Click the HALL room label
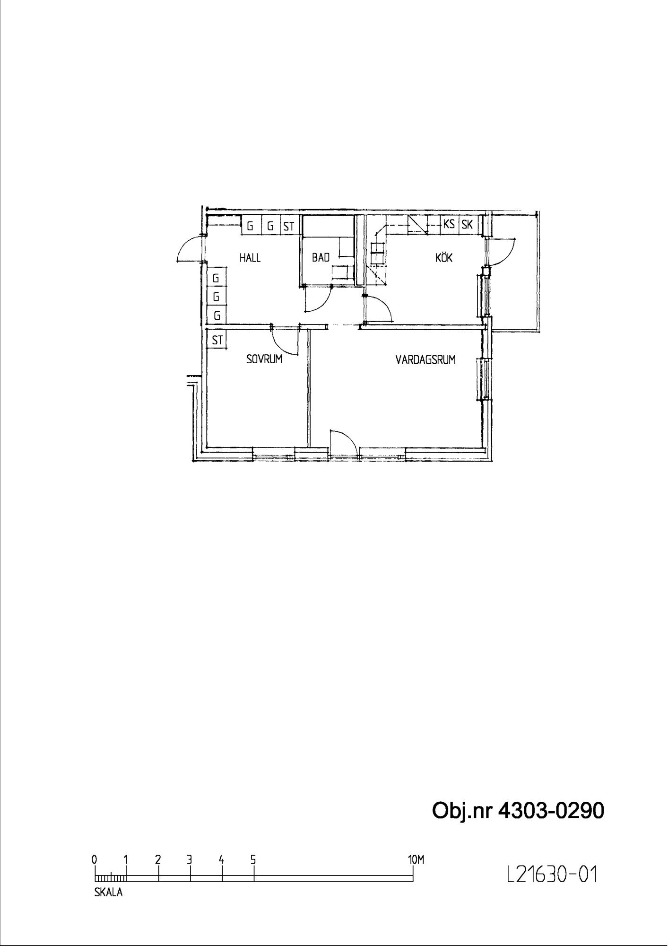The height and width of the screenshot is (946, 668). coord(250,258)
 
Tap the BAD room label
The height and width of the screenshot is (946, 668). coord(321,258)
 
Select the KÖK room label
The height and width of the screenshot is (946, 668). coord(444,257)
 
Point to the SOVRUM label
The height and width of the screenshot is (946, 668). coord(264,359)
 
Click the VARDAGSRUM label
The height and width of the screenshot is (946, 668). coord(425,359)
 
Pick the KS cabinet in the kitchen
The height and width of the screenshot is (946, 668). coord(449,224)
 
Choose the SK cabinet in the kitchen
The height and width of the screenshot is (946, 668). coord(467,224)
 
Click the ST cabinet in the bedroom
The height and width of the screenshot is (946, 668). coord(217,340)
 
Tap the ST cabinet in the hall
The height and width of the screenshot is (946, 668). coord(288,226)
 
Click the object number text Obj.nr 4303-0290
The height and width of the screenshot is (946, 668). coord(518,811)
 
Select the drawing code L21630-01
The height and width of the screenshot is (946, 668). coord(552,875)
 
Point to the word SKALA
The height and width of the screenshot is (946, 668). coord(108,893)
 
